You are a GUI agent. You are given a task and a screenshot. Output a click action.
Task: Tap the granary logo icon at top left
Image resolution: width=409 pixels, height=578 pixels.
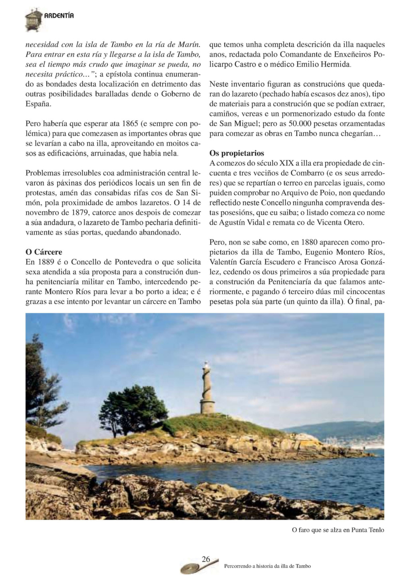point(33,20)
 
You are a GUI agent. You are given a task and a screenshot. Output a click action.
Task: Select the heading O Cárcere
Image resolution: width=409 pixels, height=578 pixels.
point(44,252)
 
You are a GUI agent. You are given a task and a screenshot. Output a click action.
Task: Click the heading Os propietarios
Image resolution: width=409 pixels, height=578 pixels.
point(237,153)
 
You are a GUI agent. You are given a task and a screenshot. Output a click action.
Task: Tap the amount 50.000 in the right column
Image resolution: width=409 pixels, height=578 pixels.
point(295,124)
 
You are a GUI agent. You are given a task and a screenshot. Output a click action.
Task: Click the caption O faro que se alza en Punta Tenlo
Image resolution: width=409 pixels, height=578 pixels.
point(338,530)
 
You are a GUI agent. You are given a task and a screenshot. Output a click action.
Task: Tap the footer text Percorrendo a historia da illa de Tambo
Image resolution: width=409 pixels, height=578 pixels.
point(268,566)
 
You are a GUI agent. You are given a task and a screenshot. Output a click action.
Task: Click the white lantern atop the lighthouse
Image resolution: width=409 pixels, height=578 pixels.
point(206,365)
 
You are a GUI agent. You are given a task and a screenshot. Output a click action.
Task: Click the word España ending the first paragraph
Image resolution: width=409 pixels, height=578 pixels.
point(38,104)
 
